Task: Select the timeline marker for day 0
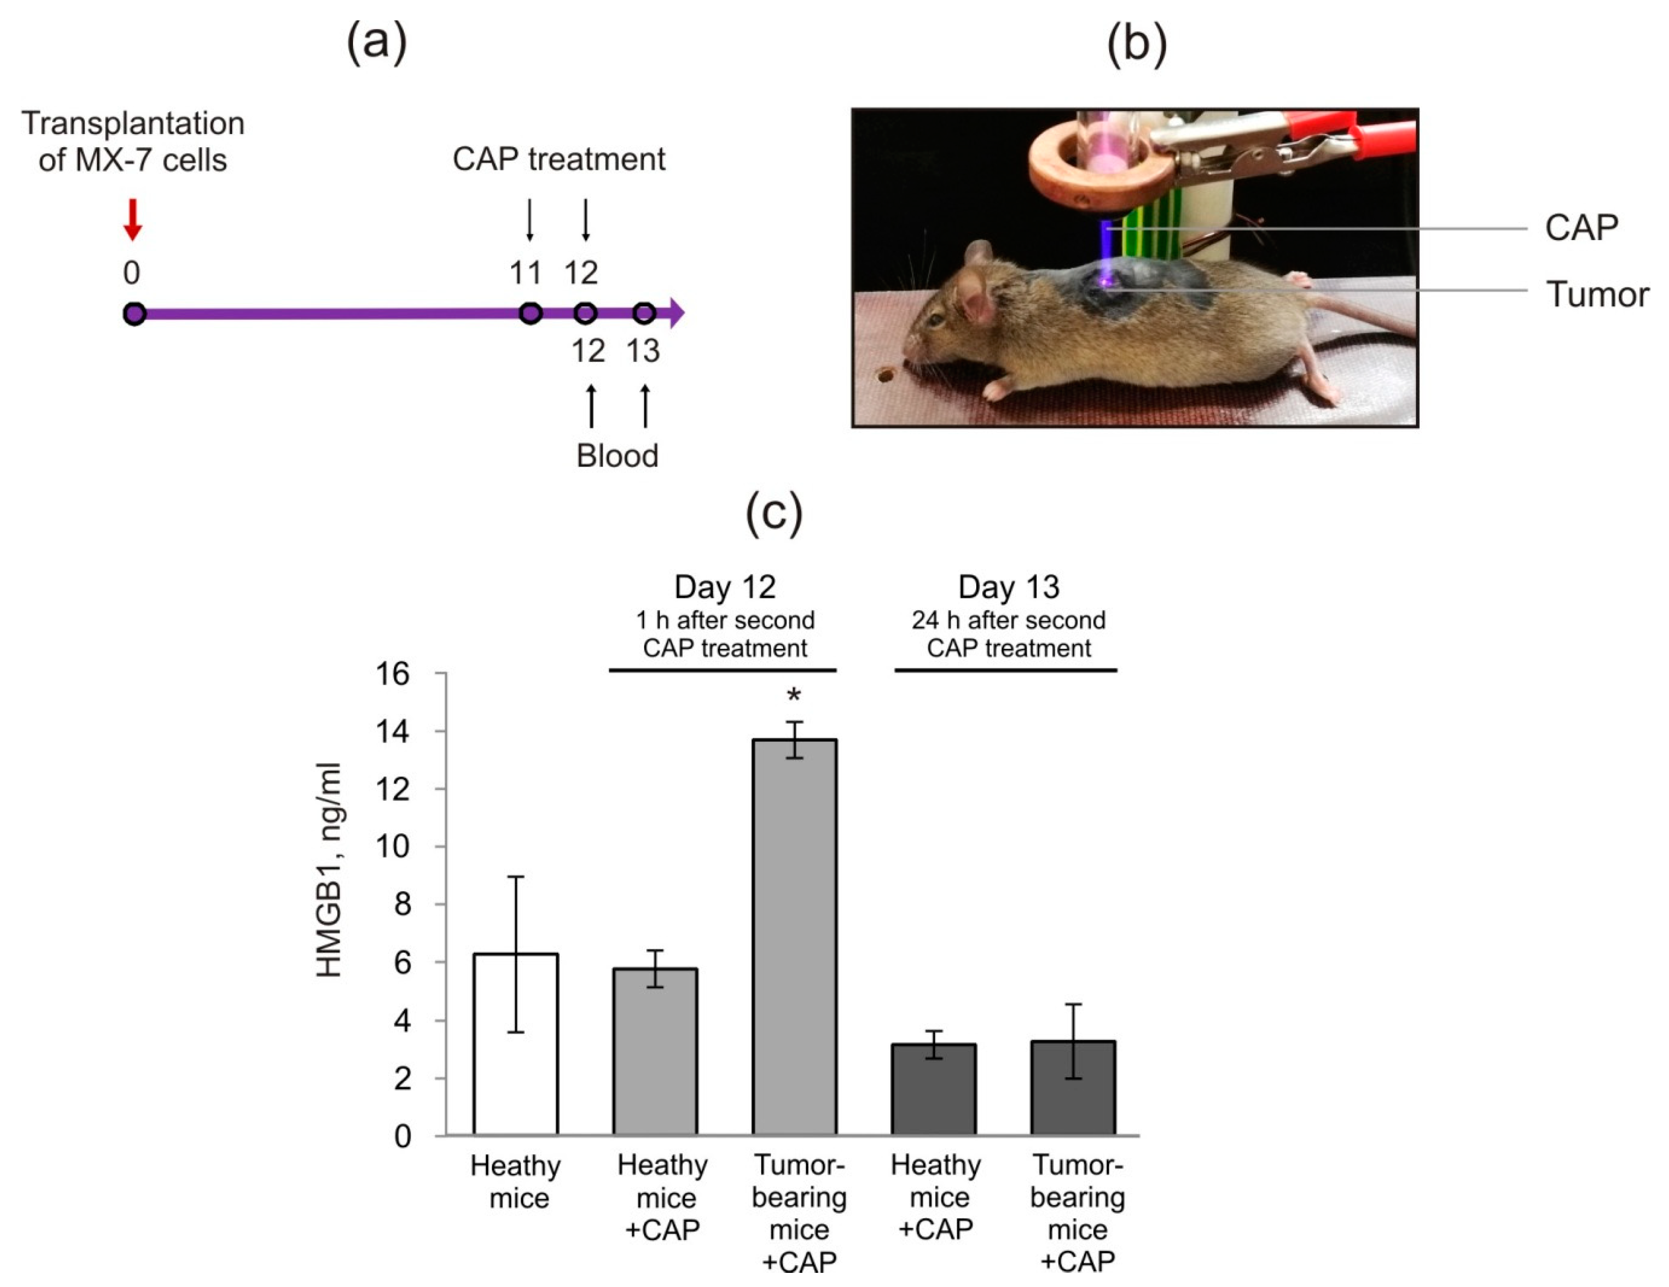click(134, 313)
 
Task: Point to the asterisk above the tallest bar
click(795, 696)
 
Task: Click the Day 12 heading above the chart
click(725, 587)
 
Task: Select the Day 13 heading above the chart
click(1008, 587)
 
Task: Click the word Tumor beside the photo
click(1597, 294)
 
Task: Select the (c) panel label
click(773, 513)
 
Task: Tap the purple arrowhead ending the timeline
click(676, 313)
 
